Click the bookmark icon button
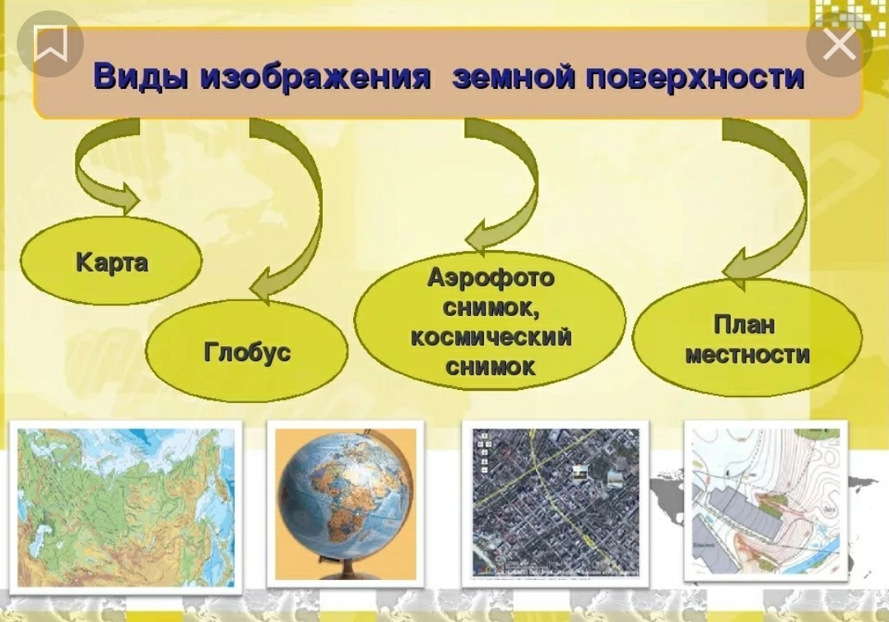coord(50,44)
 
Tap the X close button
coord(839,44)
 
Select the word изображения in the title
coord(315,77)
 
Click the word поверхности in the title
coord(695,77)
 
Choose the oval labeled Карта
coord(111,261)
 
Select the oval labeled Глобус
coord(247,351)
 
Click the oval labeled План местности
coord(747,338)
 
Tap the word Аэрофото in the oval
coord(491,277)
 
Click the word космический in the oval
coord(491,337)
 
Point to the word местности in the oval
coord(747,355)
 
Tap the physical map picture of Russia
coord(126,507)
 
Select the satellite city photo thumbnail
coord(556,502)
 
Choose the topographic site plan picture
coord(766,501)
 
